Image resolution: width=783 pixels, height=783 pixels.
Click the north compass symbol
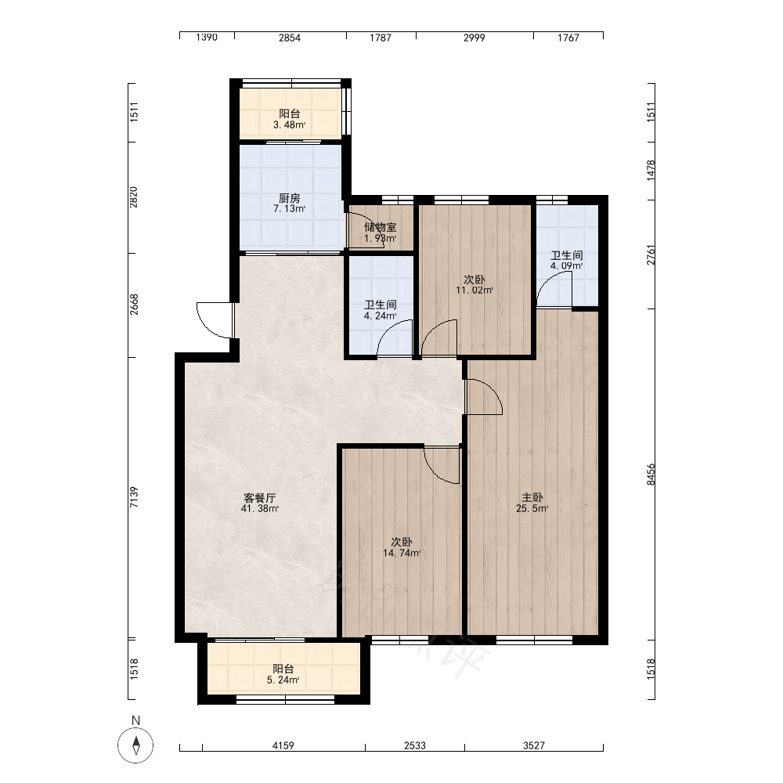pos(135,745)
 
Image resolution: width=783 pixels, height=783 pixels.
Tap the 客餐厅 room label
pos(260,498)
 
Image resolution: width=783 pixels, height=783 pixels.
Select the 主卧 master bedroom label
pos(532,497)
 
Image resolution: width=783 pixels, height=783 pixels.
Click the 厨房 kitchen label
pos(290,198)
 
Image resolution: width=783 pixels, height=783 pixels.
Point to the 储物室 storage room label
pos(381,227)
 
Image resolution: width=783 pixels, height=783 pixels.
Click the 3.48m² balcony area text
pos(290,124)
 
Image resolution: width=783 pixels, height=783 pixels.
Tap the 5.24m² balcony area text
pos(283,680)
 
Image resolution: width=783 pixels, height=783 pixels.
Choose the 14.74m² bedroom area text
pos(402,554)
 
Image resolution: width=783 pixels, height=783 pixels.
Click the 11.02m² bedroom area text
pos(474,290)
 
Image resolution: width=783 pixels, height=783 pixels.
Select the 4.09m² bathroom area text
pos(567,265)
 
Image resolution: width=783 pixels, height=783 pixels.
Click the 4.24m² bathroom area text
pos(381,316)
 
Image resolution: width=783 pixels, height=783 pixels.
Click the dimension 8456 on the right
pos(650,474)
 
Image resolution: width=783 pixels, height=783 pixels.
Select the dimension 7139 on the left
pos(134,497)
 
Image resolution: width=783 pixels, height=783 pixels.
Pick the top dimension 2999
pos(474,38)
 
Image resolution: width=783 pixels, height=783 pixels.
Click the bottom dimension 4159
pos(283,745)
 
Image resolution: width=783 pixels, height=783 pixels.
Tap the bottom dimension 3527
pos(534,745)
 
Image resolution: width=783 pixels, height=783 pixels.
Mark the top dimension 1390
pos(207,38)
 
